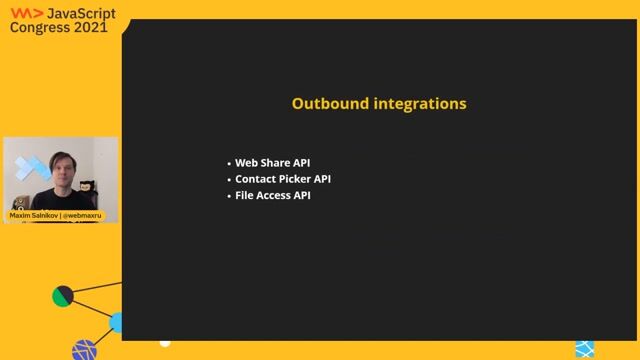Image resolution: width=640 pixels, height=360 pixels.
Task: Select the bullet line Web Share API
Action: tap(273, 163)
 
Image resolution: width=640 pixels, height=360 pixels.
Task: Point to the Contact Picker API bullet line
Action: tap(283, 179)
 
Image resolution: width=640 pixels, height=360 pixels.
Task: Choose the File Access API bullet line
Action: tap(273, 195)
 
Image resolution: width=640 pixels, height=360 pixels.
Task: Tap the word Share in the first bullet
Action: tap(279, 163)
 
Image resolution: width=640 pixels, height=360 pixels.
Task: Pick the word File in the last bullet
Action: tap(246, 195)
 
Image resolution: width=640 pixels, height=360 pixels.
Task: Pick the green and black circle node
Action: tap(63, 296)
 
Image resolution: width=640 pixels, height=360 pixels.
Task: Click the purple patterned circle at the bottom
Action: tap(85, 350)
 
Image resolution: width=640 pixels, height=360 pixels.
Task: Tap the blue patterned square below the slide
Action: tap(584, 348)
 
